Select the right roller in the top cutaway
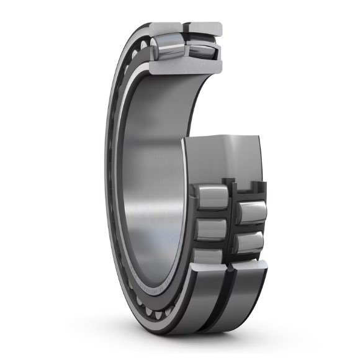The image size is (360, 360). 200,50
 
